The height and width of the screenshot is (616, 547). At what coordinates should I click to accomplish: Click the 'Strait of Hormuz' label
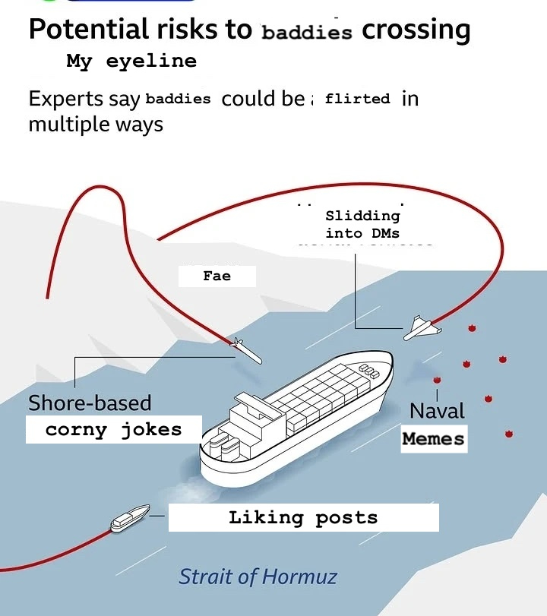258,577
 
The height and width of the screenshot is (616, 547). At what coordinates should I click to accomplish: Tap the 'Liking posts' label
303,518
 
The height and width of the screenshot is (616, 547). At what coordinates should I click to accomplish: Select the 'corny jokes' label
114,430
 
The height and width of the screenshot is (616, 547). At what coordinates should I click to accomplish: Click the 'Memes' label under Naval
433,438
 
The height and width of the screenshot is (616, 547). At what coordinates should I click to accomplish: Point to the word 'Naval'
437,411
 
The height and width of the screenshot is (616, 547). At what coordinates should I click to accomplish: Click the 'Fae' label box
217,276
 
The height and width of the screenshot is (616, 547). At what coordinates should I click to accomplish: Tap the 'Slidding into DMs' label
362,225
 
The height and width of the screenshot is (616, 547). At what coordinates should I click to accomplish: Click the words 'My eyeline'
131,62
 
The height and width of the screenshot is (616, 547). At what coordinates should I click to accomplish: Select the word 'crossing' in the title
416,30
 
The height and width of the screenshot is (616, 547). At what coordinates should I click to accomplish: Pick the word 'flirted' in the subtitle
357,99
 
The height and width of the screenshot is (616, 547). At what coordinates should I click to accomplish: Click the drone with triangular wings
420,327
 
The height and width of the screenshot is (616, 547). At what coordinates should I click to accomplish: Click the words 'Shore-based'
90,403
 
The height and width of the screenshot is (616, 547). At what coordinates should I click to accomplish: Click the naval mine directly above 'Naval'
437,380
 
